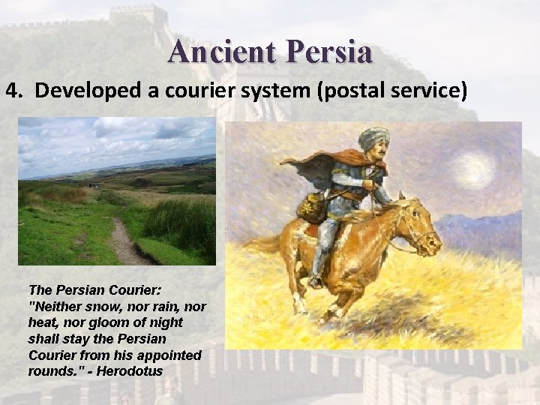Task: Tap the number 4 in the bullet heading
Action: coord(11,91)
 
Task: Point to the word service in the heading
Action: coord(430,91)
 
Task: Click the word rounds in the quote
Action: coord(49,371)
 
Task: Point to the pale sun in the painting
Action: coord(474,171)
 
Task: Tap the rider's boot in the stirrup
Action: coord(316,279)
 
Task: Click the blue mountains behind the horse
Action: coord(480,225)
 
